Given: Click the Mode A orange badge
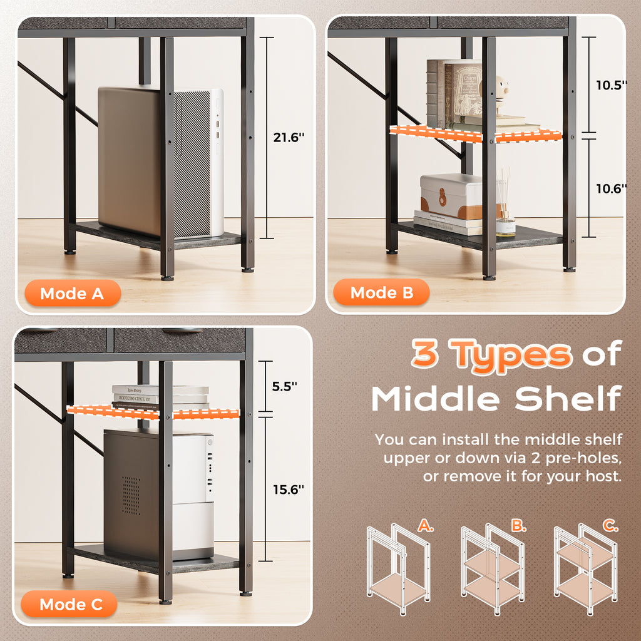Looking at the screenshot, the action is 73,293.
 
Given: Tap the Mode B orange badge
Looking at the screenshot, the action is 381,292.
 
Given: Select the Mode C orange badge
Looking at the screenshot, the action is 69,604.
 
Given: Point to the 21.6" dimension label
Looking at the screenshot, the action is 289,137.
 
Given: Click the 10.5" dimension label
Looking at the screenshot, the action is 611,85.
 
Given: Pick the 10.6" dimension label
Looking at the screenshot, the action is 611,188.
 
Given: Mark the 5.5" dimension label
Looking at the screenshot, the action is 285,386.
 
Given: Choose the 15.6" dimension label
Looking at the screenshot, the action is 289,490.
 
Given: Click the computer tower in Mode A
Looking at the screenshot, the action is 161,162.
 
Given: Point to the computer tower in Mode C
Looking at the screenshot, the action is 158,495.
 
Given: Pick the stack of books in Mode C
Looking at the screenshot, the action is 160,396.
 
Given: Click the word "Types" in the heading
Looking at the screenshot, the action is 510,356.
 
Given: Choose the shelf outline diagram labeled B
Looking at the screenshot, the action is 493,569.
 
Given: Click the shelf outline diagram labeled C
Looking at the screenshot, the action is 585,569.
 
